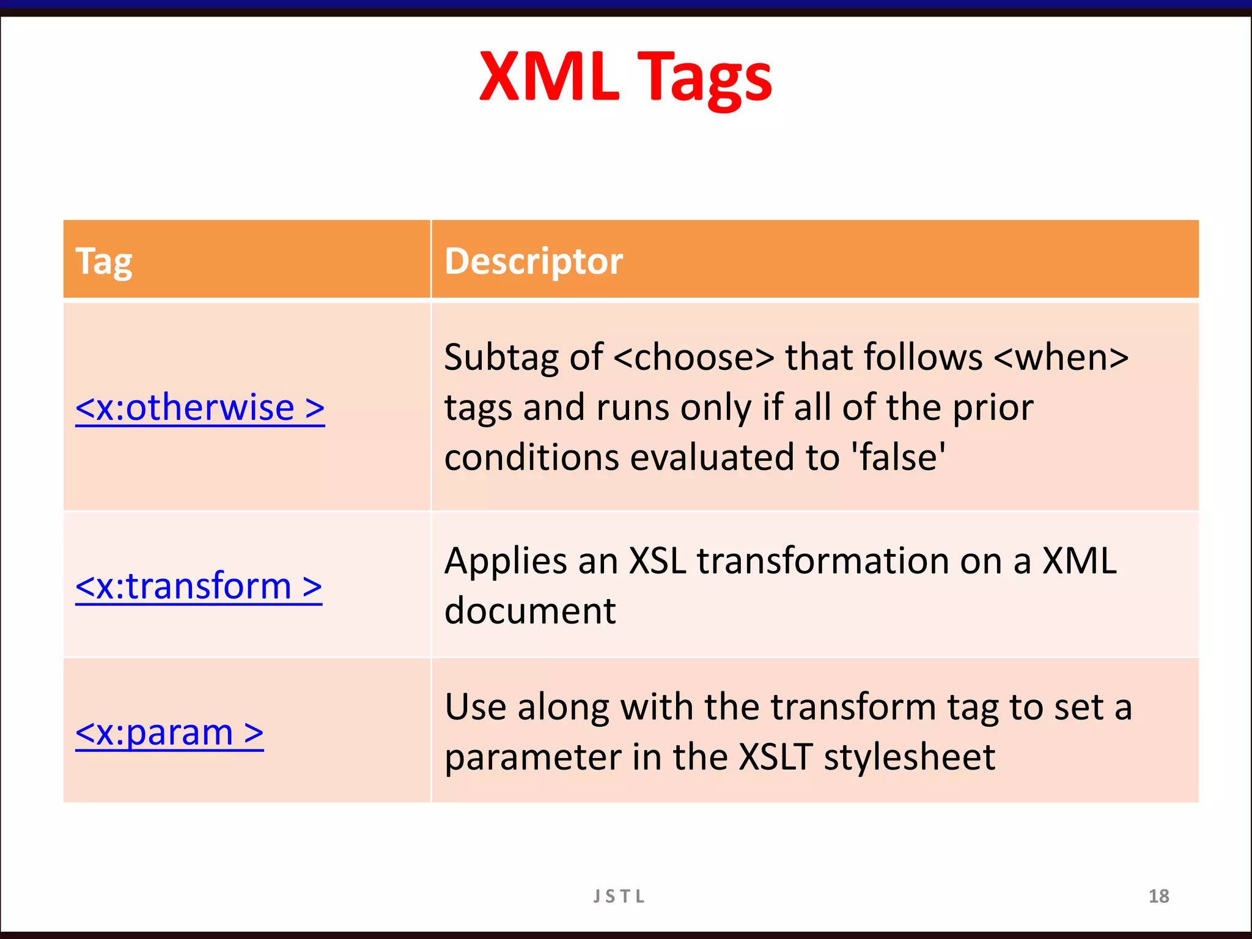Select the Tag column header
[103, 262]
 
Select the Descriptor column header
[533, 262]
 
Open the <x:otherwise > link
[200, 408]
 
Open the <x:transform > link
[199, 586]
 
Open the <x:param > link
[169, 732]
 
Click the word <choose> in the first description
[693, 358]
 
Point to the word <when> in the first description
[1061, 358]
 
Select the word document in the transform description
[530, 611]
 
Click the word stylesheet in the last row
[909, 757]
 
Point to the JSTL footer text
[619, 896]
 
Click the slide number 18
[1158, 896]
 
